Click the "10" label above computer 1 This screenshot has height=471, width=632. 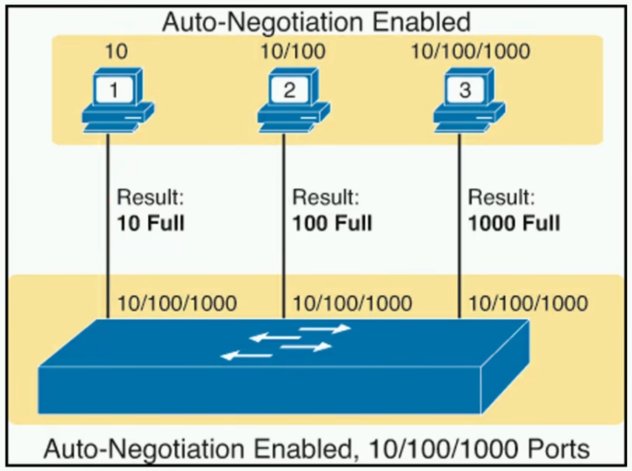[116, 52]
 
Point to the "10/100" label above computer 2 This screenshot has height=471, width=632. [293, 52]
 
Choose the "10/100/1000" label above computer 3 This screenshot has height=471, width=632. [470, 52]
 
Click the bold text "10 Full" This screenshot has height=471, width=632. [151, 223]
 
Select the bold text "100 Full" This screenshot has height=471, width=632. [332, 223]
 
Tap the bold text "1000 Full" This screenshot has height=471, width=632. [514, 223]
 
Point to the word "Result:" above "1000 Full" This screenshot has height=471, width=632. [502, 198]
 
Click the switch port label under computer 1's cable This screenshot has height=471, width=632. [177, 303]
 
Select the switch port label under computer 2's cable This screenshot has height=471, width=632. [352, 303]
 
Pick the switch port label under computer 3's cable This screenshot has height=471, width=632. [527, 303]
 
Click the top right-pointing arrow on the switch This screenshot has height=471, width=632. [325, 329]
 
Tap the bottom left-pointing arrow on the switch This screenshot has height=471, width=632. [246, 356]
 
